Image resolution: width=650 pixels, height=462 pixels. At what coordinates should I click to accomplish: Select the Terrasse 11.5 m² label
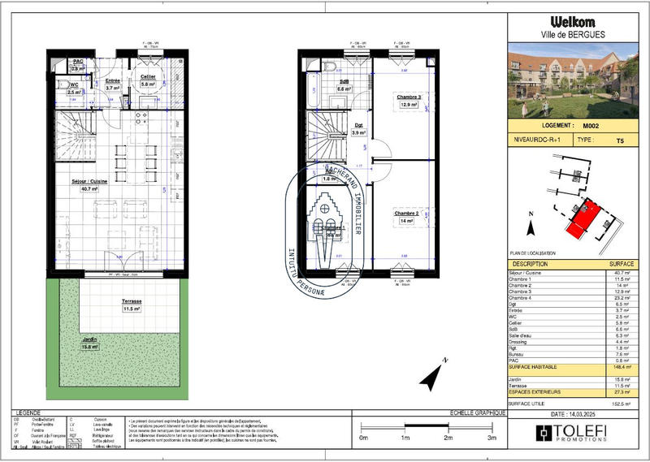131,304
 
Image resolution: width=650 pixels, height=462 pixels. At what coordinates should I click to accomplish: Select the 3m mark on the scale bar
490,437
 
